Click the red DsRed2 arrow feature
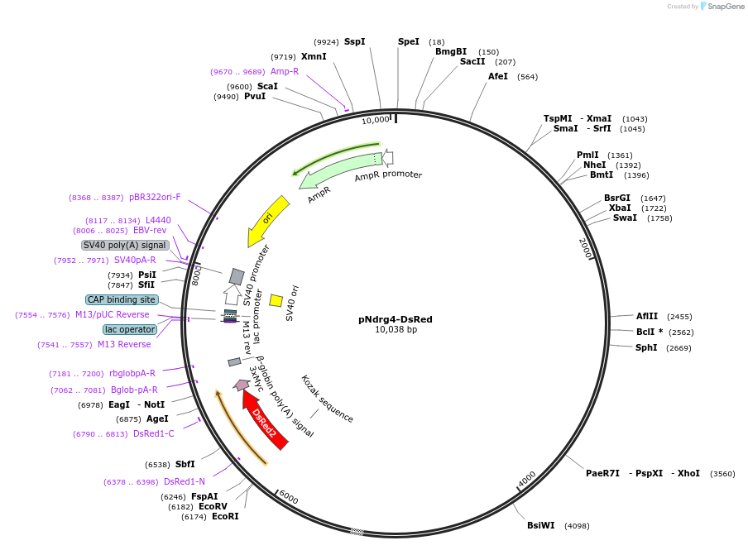(x=265, y=419)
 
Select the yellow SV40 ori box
(x=276, y=300)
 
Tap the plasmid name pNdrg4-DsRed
(x=396, y=319)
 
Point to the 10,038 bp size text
(x=396, y=330)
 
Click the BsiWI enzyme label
(x=541, y=526)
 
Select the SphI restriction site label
(x=646, y=348)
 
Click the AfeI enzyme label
(x=498, y=77)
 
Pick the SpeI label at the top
(x=409, y=41)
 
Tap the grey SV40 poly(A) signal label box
(x=125, y=245)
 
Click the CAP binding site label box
(x=121, y=299)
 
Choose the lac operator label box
(x=130, y=329)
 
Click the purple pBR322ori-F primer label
(x=155, y=198)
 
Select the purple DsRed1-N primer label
(x=185, y=481)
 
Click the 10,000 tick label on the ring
(x=376, y=120)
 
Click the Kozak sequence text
(x=327, y=399)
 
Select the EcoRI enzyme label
(x=225, y=517)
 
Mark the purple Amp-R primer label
(x=285, y=72)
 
